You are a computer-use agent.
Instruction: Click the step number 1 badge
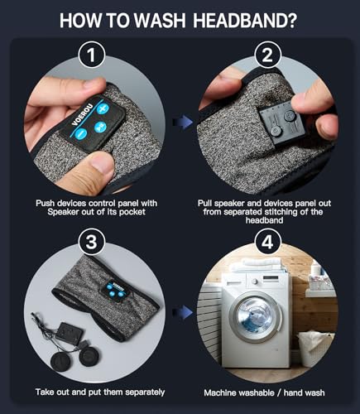click(91, 55)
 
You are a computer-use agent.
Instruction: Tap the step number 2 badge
click(267, 55)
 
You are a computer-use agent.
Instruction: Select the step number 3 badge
click(91, 242)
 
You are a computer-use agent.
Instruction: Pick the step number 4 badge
click(267, 242)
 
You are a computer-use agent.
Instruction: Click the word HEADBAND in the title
click(244, 21)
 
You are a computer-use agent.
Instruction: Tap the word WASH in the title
click(159, 21)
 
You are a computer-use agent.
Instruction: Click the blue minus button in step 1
click(81, 134)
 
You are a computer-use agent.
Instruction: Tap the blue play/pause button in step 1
click(100, 127)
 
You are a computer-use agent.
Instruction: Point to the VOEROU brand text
click(82, 113)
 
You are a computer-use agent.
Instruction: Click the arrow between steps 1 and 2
click(182, 123)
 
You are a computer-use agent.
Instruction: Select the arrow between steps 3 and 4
click(182, 312)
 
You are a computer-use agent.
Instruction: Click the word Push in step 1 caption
click(46, 204)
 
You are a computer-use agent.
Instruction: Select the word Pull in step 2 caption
click(205, 204)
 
